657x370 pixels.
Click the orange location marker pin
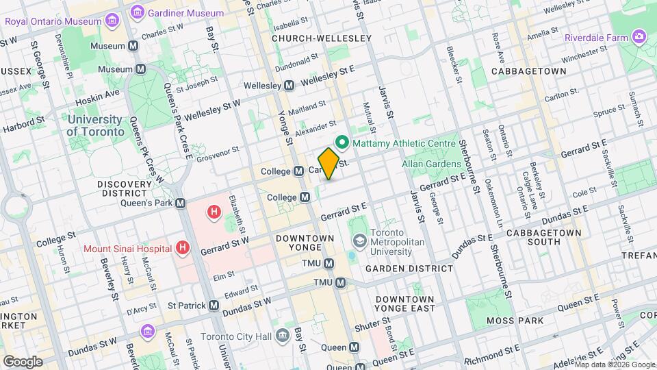click(x=328, y=163)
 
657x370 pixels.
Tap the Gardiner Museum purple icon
click(x=138, y=13)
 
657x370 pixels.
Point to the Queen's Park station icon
click(x=181, y=203)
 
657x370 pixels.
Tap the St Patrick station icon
click(x=214, y=305)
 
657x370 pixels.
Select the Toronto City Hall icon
click(x=282, y=336)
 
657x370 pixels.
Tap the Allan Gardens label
click(x=431, y=164)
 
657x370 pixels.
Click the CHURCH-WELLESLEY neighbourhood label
click(x=321, y=38)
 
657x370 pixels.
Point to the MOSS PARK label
click(x=515, y=321)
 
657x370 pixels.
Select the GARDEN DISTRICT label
click(x=409, y=269)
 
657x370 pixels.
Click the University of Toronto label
click(x=96, y=125)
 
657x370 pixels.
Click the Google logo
click(x=23, y=361)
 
